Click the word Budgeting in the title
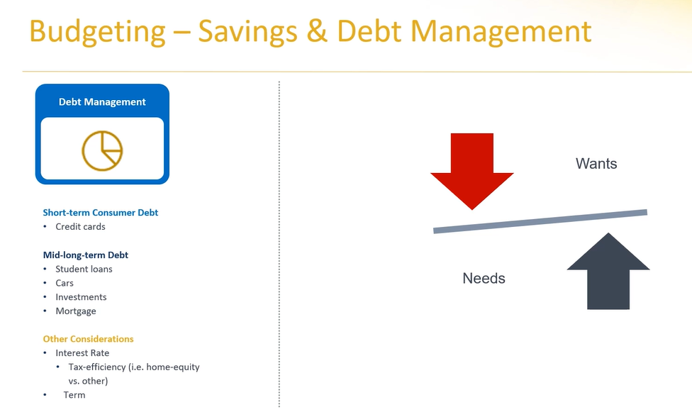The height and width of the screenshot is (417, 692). coord(97,32)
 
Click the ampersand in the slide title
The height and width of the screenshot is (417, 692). coord(317,31)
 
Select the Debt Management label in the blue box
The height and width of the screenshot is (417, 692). coord(102,102)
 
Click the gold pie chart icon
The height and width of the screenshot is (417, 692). coord(102,150)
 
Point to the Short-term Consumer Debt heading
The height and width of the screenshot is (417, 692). coord(100,212)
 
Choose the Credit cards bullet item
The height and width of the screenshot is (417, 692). coord(80,226)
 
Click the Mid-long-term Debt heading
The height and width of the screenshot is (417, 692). coord(86,255)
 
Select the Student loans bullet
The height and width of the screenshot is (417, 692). coord(84,269)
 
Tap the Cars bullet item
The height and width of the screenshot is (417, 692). coord(65,283)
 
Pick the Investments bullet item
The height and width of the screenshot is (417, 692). coord(81,297)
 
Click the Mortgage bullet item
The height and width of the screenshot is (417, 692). coord(75,311)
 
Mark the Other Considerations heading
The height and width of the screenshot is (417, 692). coord(88,339)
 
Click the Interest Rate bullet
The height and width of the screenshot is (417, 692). coord(82,353)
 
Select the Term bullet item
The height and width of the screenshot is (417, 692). coord(74,395)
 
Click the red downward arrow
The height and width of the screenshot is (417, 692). coord(471,171)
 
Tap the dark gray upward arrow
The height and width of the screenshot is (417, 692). coord(608,271)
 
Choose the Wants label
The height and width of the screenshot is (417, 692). coord(596,164)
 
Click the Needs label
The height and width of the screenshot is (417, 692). coord(484,279)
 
